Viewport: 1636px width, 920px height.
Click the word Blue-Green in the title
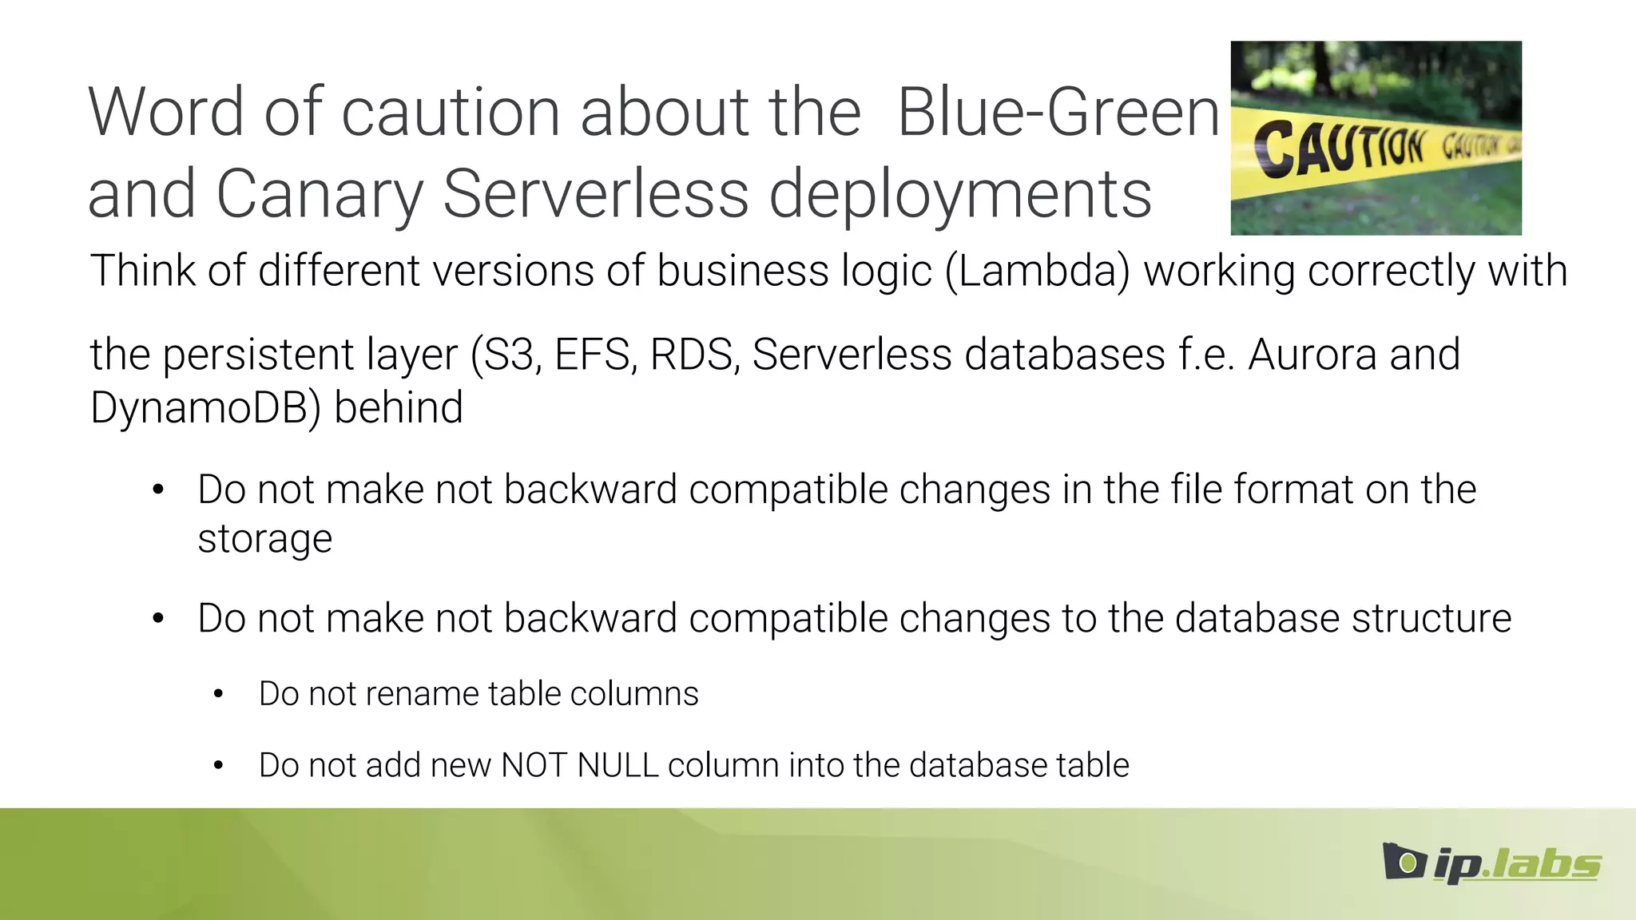click(1058, 112)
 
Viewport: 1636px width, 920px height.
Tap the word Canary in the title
click(319, 194)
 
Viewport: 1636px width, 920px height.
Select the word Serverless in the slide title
click(596, 194)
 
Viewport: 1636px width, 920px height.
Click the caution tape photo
click(1376, 137)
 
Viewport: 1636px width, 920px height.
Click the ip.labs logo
click(1491, 863)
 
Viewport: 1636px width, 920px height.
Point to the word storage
click(264, 539)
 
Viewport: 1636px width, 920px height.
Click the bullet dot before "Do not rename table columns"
click(218, 695)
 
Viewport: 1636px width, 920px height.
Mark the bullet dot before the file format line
click(158, 490)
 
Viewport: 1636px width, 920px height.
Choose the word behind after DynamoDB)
click(398, 407)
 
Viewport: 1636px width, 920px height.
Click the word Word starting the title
click(166, 112)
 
